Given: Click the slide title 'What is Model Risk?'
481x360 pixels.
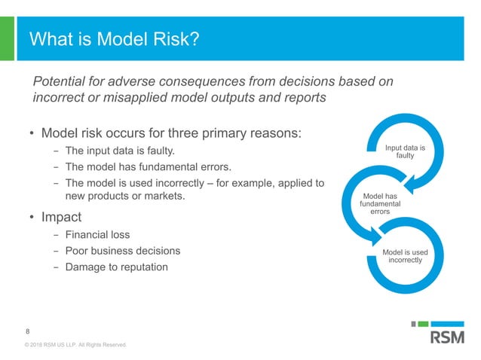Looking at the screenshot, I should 114,38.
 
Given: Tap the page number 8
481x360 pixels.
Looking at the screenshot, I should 28,331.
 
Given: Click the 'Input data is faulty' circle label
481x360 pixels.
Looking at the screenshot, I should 405,152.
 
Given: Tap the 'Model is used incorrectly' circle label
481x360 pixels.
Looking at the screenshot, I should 405,256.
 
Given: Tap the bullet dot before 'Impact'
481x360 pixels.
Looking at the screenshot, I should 32,218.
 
